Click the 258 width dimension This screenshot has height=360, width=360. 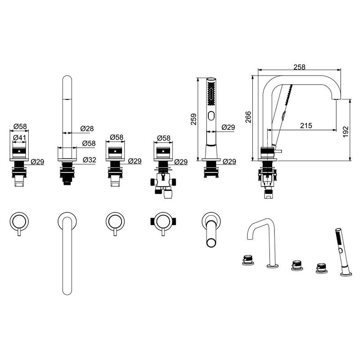[299, 67]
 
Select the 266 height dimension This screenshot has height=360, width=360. [248, 117]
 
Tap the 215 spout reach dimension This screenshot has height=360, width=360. [306, 126]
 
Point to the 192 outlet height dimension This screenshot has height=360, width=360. [346, 131]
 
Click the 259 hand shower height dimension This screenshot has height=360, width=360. [194, 119]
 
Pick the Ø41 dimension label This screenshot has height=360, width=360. [20, 138]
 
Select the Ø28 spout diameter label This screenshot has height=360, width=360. [87, 128]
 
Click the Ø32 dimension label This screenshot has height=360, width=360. [90, 160]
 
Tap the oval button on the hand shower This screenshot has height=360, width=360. [211, 116]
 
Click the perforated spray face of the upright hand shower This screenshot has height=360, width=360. [211, 94]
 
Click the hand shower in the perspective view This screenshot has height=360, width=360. [343, 252]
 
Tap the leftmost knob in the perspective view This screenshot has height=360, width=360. [248, 260]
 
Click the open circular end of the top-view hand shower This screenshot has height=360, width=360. [211, 243]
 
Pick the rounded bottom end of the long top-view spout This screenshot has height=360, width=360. [67, 291]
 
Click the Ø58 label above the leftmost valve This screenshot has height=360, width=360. [20, 126]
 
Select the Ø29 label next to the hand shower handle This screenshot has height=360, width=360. [229, 127]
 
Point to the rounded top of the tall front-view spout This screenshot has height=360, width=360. [67, 78]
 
